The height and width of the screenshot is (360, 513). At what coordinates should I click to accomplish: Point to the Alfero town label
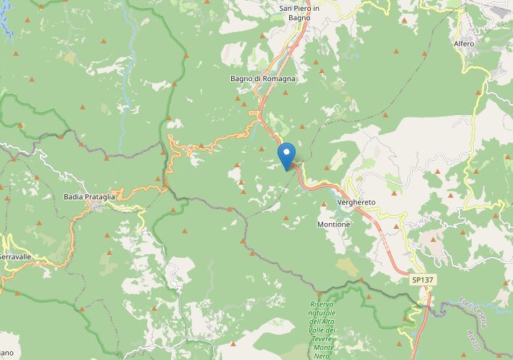(x=464, y=44)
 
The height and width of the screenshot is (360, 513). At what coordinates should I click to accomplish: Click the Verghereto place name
(x=355, y=203)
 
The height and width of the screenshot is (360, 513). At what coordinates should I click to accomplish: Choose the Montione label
(x=333, y=225)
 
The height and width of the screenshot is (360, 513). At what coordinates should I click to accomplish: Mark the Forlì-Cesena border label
(x=475, y=309)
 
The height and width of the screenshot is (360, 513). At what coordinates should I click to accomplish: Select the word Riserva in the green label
(x=322, y=304)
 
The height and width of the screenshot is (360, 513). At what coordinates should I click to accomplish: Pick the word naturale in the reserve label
(x=322, y=313)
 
